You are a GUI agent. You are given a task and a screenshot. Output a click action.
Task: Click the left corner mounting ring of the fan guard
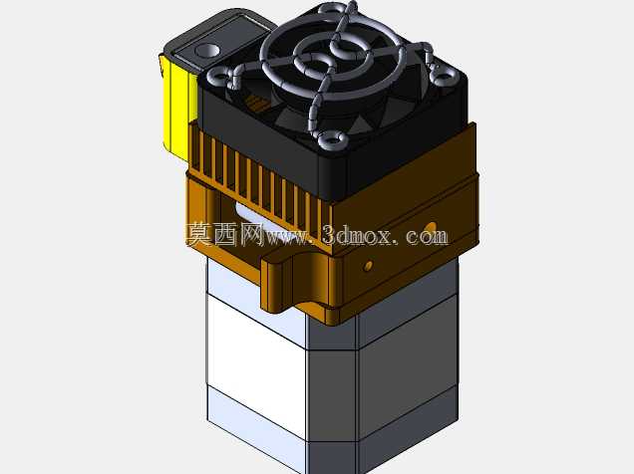coord(219,75)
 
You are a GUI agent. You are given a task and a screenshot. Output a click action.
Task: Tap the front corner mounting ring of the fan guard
coord(332,139)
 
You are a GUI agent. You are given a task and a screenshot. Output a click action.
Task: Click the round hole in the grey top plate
coord(207,51)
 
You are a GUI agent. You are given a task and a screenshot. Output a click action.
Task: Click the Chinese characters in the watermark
coord(224,234)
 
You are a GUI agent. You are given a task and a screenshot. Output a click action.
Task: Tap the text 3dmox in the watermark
coord(357,235)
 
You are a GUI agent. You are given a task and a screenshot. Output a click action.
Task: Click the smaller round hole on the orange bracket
coord(368,266)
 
